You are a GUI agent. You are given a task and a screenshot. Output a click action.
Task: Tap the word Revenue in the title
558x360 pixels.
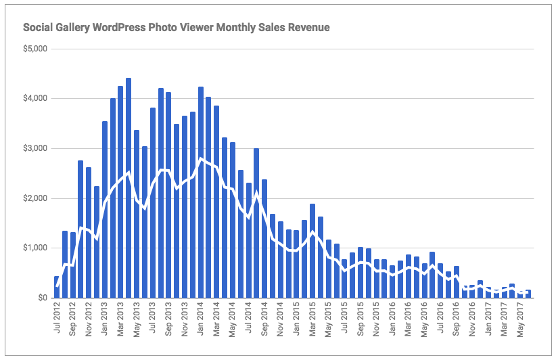coord(308,28)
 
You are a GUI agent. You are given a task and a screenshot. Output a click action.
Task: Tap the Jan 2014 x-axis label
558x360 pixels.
coord(201,319)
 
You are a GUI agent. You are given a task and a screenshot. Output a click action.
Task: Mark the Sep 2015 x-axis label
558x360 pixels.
coord(361,319)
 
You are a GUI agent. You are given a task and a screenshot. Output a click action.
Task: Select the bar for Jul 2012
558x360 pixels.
coord(57,287)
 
